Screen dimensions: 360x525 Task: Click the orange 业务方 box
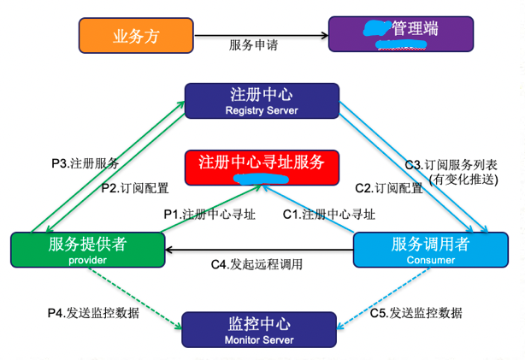pyautogui.click(x=136, y=35)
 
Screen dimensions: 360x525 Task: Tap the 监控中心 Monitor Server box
pyautogui.click(x=260, y=331)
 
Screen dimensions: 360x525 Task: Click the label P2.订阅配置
pyautogui.click(x=134, y=188)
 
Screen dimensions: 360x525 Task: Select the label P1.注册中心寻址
pyautogui.click(x=209, y=213)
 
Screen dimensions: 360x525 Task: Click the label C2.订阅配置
pyautogui.click(x=388, y=188)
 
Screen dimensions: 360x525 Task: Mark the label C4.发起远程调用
pyautogui.click(x=257, y=264)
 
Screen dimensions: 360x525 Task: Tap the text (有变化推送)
pyautogui.click(x=465, y=178)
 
